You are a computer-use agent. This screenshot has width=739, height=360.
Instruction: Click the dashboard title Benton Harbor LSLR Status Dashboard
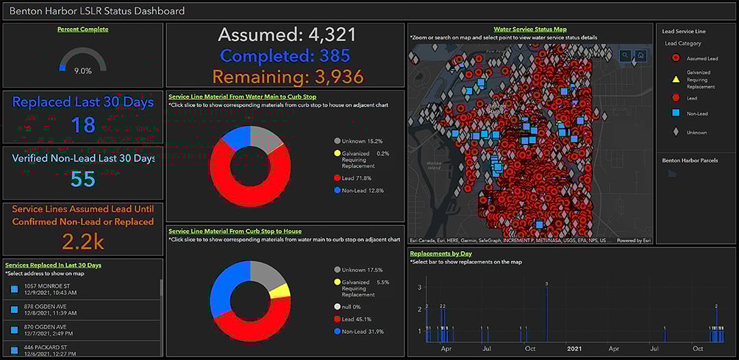97,11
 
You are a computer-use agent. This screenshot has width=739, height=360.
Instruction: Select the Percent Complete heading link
83,29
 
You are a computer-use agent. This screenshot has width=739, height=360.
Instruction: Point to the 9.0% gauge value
83,70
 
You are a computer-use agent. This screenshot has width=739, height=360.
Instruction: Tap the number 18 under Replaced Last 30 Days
83,125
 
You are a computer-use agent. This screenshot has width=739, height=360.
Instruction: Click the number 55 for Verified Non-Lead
83,179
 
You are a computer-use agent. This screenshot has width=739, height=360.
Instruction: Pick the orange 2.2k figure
83,241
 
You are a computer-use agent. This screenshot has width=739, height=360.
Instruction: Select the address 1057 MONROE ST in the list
51,285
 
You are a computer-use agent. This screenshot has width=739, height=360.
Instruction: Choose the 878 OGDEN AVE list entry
48,306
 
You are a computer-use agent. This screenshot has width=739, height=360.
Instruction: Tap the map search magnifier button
625,55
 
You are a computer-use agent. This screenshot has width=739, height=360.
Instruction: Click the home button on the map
640,55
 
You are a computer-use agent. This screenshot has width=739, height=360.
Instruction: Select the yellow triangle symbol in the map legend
675,79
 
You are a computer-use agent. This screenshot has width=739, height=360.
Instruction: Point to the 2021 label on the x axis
575,348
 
